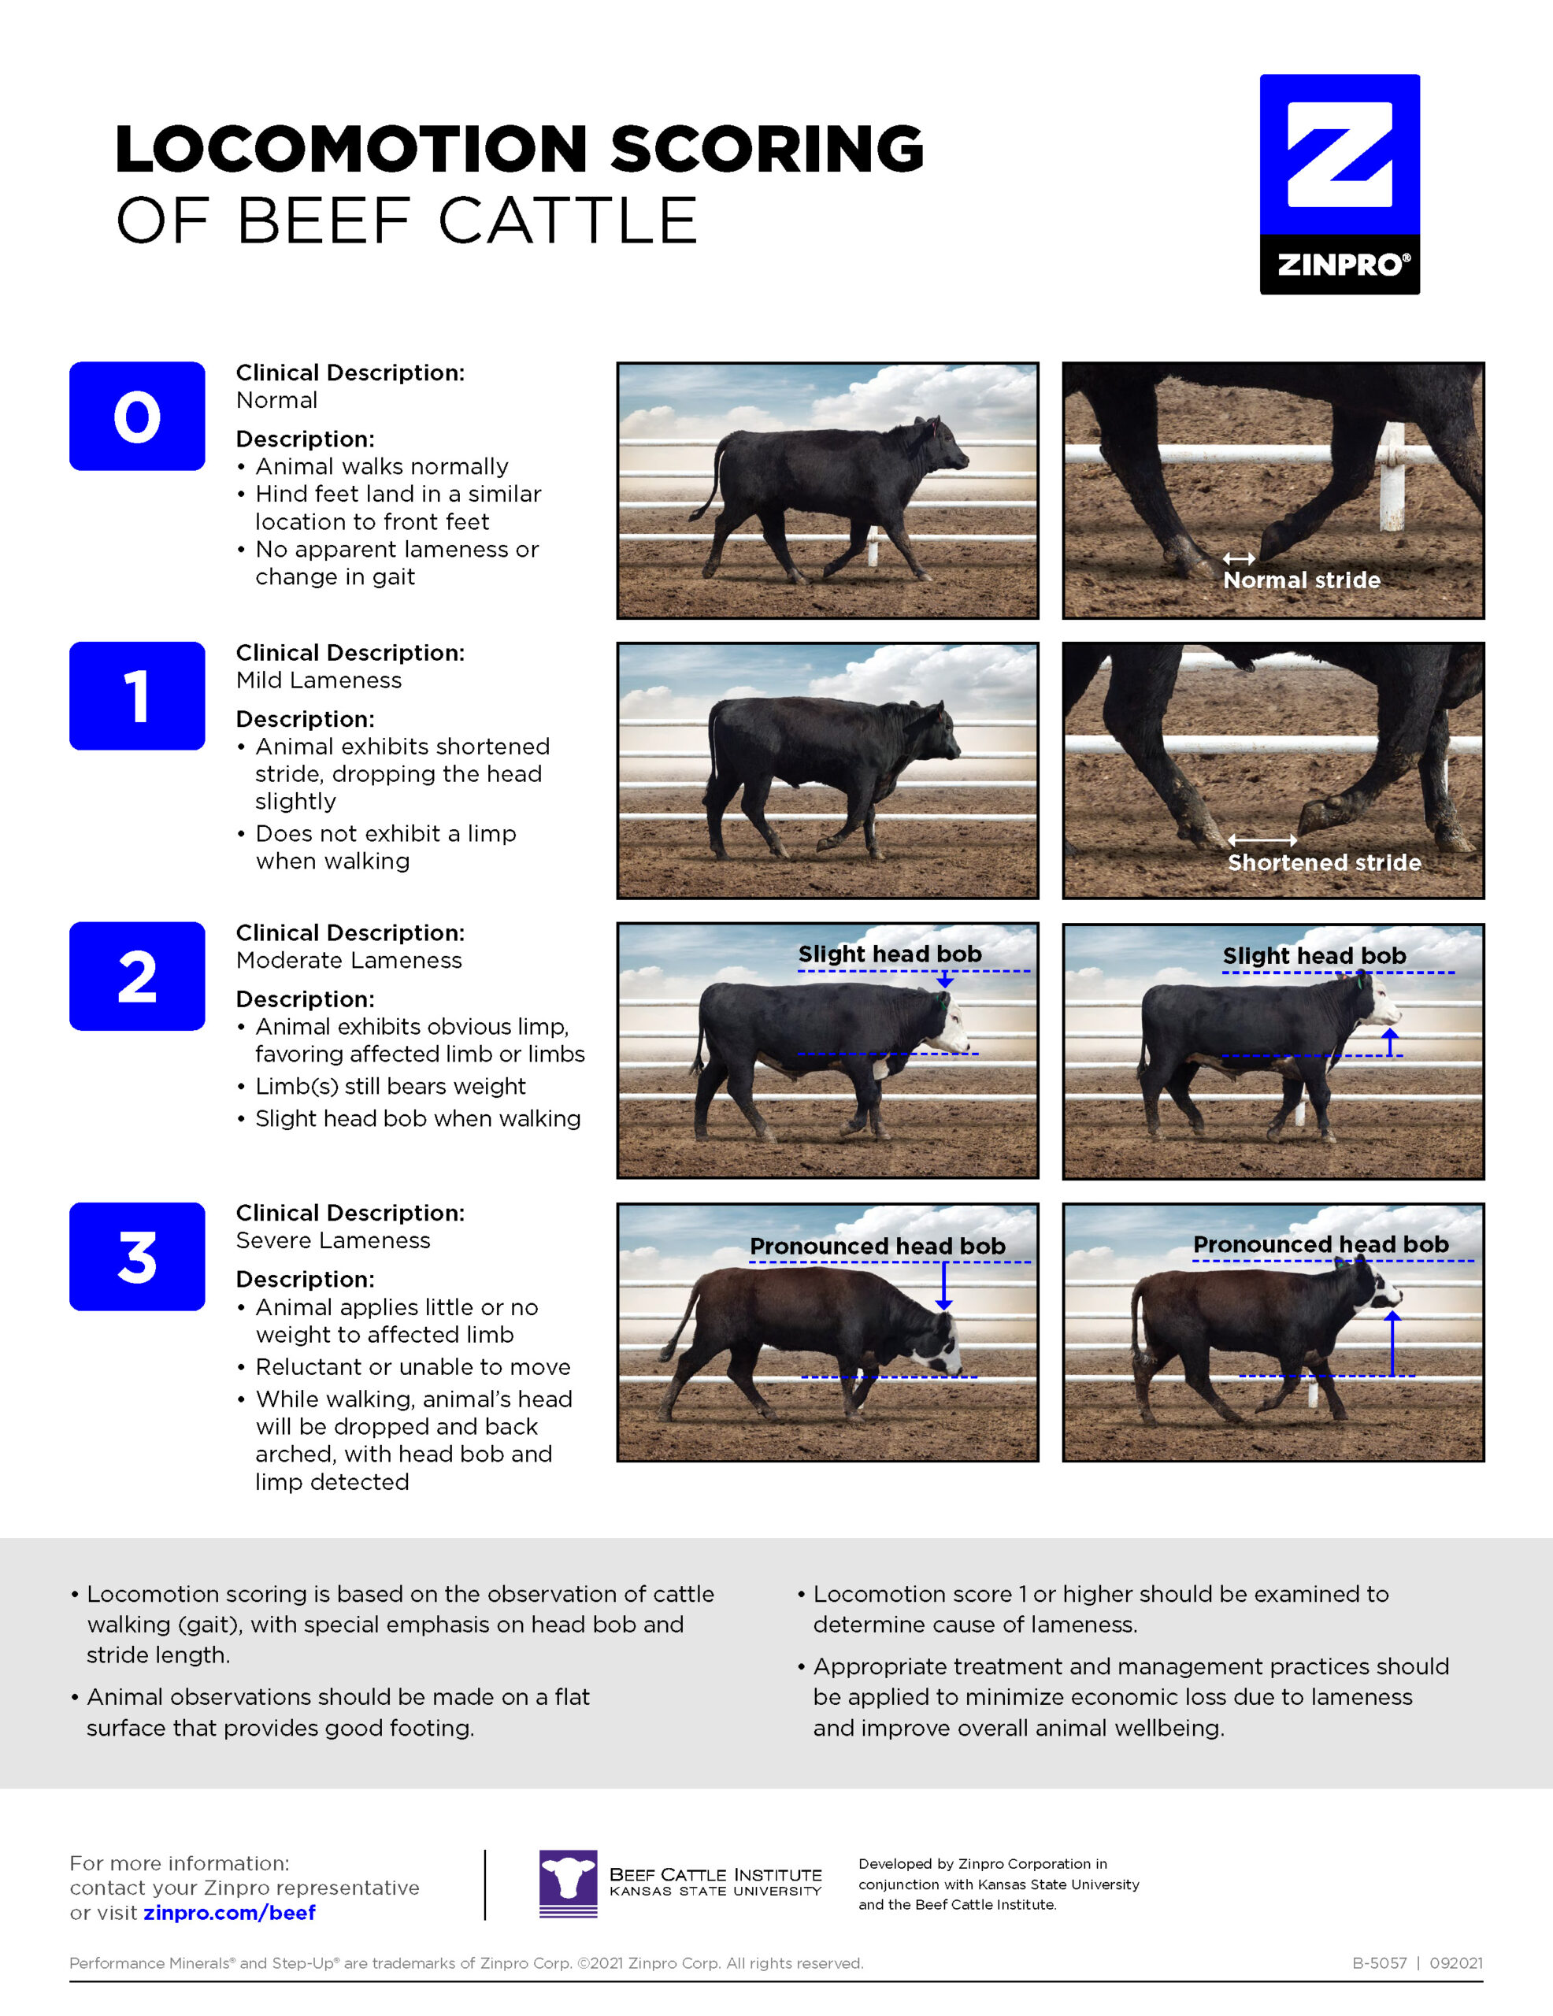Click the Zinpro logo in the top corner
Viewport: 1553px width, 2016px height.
[x=1339, y=183]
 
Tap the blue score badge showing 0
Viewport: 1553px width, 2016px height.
[x=137, y=417]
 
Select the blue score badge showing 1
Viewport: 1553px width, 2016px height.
[x=137, y=696]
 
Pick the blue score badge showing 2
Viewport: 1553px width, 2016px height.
[x=137, y=976]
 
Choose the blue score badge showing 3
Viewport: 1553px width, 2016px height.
[x=137, y=1256]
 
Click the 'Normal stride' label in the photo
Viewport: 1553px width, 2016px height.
[x=1301, y=580]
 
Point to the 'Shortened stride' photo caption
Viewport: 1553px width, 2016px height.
[x=1324, y=863]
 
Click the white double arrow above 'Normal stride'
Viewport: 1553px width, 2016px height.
[x=1238, y=558]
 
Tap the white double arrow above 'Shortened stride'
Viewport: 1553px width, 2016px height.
[x=1262, y=840]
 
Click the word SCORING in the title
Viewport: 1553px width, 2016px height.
[x=766, y=149]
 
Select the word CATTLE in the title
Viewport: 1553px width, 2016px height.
[x=568, y=221]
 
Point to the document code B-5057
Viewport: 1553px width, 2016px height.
[x=1380, y=1963]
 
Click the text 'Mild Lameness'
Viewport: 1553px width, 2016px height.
[x=318, y=680]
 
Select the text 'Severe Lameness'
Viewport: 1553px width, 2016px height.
[x=332, y=1240]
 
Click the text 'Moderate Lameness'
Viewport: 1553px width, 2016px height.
[x=349, y=961]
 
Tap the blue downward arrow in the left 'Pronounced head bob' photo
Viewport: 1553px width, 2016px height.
[x=943, y=1286]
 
